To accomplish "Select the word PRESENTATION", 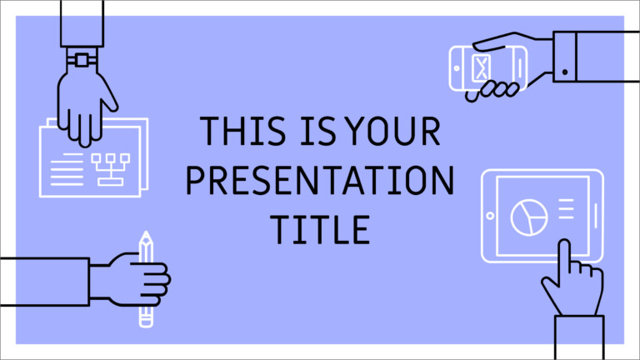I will click(x=319, y=180).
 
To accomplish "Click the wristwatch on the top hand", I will click(x=82, y=60).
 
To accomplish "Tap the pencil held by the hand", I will click(x=146, y=279).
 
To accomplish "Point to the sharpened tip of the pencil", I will click(x=146, y=237).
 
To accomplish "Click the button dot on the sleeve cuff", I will click(x=566, y=72).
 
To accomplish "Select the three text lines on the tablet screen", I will click(x=566, y=208).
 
